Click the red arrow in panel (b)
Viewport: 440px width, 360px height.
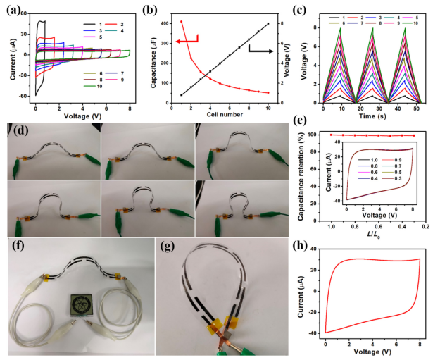(189, 42)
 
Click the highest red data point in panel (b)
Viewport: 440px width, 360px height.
(181, 21)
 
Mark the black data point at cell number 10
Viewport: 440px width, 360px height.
(268, 23)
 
